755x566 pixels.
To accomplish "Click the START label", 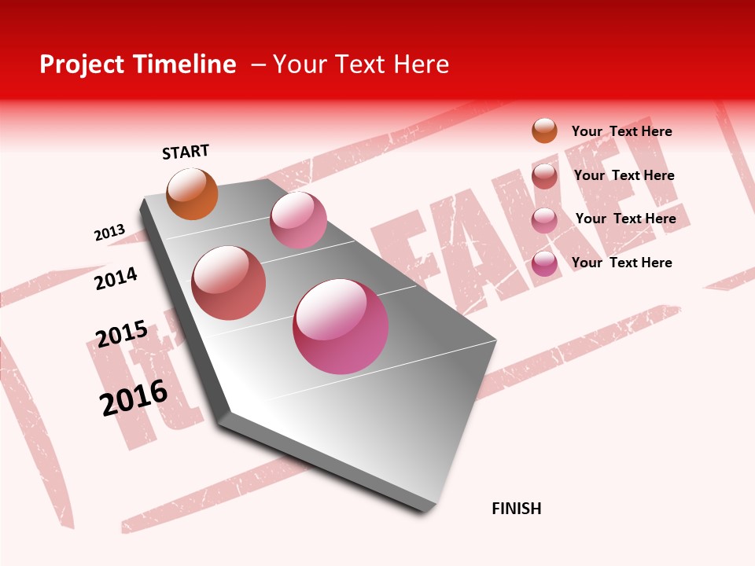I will pyautogui.click(x=186, y=152).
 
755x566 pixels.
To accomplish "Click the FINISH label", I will pyautogui.click(x=516, y=509).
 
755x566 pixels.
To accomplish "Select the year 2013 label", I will pyautogui.click(x=109, y=233).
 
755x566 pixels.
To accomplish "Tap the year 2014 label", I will pyautogui.click(x=116, y=278).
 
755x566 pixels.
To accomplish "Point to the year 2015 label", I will pyautogui.click(x=122, y=334).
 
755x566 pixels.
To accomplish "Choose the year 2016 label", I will pyautogui.click(x=134, y=398).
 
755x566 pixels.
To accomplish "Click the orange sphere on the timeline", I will pyautogui.click(x=192, y=193).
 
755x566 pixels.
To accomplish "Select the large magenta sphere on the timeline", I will pyautogui.click(x=341, y=326).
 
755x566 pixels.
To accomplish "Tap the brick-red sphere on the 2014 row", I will pyautogui.click(x=228, y=283).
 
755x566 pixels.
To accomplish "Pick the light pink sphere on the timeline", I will pyautogui.click(x=298, y=220).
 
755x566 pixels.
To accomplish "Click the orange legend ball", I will pyautogui.click(x=544, y=130).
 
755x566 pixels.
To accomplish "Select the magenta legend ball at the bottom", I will pyautogui.click(x=544, y=263).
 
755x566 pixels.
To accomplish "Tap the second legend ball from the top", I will pyautogui.click(x=544, y=176).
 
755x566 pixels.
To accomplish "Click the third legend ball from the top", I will pyautogui.click(x=544, y=220).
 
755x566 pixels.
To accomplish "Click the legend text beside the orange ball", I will pyautogui.click(x=621, y=131).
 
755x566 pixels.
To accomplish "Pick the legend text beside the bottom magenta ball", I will pyautogui.click(x=621, y=263).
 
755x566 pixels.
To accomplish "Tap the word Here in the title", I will pyautogui.click(x=421, y=64).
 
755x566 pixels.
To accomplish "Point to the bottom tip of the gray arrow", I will pyautogui.click(x=425, y=512).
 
